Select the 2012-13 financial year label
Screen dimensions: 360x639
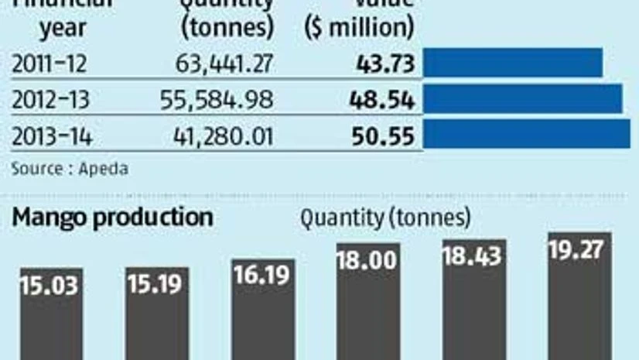pos(48,100)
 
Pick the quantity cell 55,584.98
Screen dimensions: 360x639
pos(216,100)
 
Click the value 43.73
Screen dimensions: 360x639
pos(385,63)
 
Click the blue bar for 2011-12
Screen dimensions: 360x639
pos(512,63)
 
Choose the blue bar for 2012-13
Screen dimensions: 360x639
pos(522,99)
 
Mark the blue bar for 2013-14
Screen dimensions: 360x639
pos(526,134)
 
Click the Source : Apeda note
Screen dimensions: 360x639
pos(70,168)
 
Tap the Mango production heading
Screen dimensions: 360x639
pos(112,218)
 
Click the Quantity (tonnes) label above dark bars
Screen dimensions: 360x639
pos(385,219)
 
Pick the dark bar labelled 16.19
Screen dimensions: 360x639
pos(262,306)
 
